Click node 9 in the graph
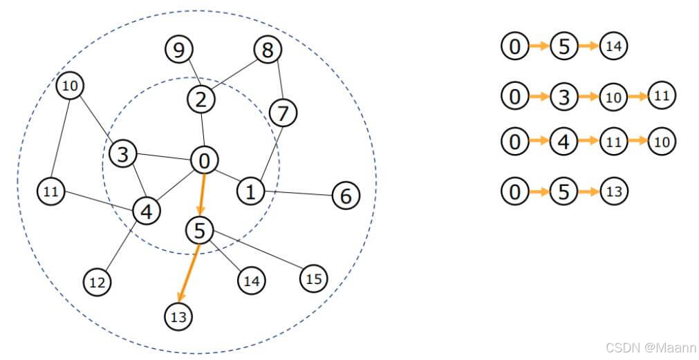pos(179,50)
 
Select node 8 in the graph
pos(267,50)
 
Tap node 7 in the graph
pos(282,113)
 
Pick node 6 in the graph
pos(346,196)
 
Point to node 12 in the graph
pos(97,281)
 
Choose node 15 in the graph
pos(314,278)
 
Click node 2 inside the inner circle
pos(201,100)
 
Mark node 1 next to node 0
pos(251,191)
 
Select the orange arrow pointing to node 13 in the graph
pos(188,273)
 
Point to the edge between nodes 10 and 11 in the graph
pos(60,138)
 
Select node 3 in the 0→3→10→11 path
pos(564,97)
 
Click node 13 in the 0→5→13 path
pos(614,191)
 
